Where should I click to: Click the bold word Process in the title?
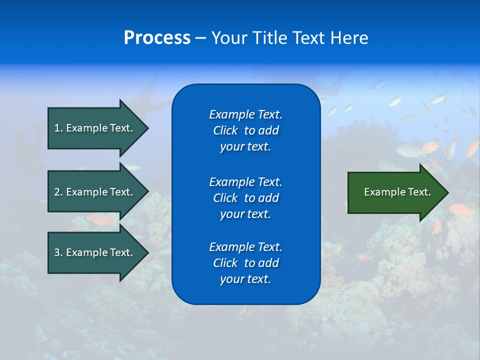click(157, 38)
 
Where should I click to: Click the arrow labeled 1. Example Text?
click(95, 128)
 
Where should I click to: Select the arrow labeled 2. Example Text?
click(95, 192)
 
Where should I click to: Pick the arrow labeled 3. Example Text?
click(95, 252)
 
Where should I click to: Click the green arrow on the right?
click(395, 192)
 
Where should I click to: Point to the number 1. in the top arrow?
click(58, 128)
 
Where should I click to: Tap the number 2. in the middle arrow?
click(58, 192)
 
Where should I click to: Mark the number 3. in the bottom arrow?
click(58, 252)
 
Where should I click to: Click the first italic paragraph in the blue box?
click(245, 130)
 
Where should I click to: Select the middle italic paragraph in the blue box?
click(245, 198)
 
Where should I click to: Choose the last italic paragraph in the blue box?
click(245, 263)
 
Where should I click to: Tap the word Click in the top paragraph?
click(225, 130)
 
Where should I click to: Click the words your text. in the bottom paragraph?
click(245, 279)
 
